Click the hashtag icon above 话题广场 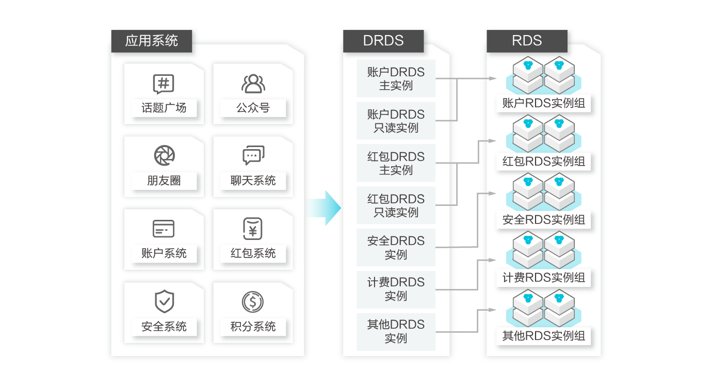click(164, 84)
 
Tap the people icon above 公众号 click(253, 84)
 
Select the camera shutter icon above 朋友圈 click(165, 155)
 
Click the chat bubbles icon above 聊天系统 click(253, 155)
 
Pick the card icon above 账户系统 click(164, 229)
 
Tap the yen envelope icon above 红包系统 click(253, 229)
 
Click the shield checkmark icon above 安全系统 click(165, 301)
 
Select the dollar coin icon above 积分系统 click(253, 302)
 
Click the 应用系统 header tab click(152, 41)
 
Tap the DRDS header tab click(383, 41)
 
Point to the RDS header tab click(527, 41)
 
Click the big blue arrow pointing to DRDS click(324, 208)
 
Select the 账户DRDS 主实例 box click(396, 78)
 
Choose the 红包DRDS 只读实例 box click(396, 205)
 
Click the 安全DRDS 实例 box click(396, 247)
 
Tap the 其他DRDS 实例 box click(396, 332)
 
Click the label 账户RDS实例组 click(543, 103)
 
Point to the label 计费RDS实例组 click(543, 278)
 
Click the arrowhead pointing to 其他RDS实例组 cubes click(492, 310)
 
